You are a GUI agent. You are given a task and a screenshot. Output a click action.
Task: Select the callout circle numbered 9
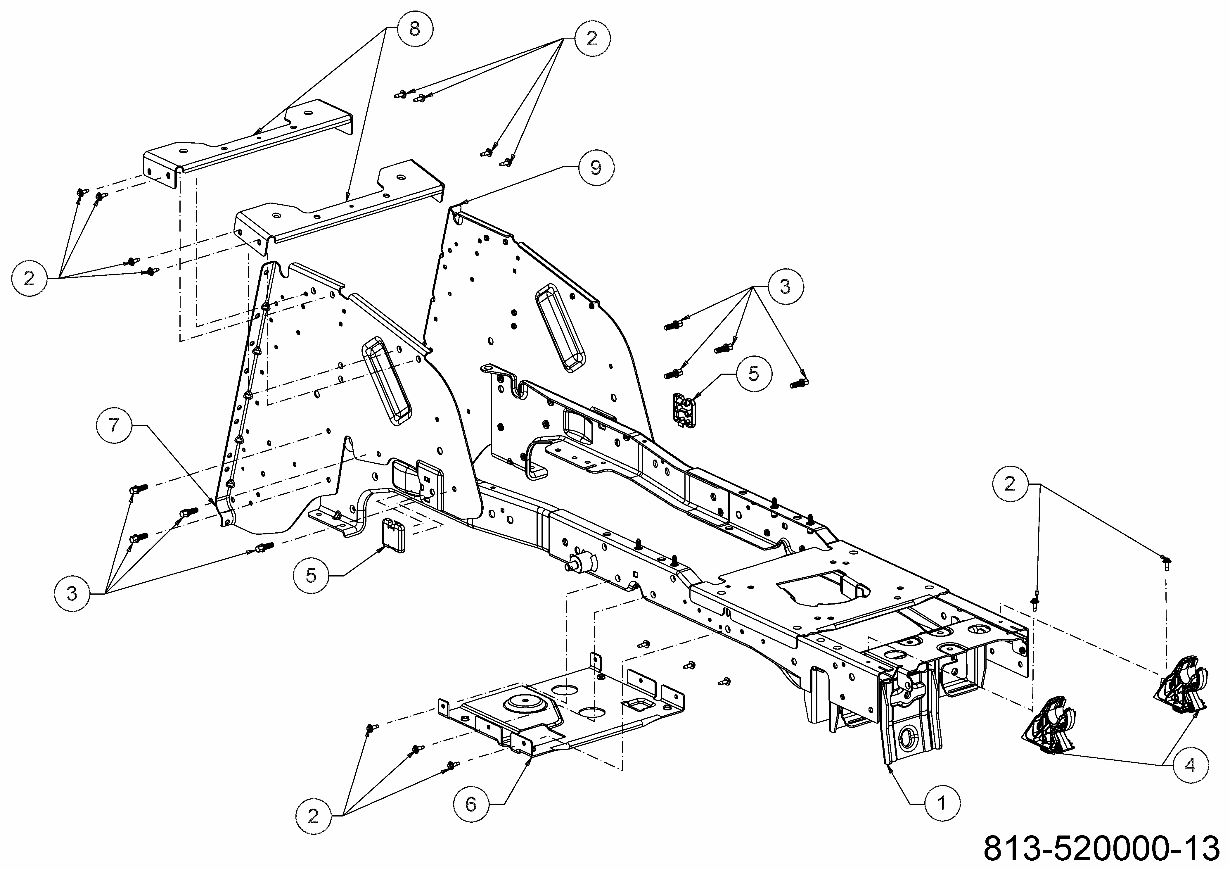point(596,168)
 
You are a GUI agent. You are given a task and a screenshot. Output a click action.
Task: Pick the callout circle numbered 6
point(471,804)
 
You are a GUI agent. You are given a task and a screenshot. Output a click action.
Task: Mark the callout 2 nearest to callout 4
point(1010,484)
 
